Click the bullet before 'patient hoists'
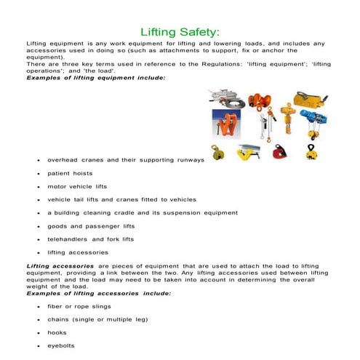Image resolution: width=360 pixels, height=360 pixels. [38, 175]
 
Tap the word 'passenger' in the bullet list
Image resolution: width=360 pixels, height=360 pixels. [111, 225]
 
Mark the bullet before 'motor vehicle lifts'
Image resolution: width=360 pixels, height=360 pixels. [38, 187]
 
